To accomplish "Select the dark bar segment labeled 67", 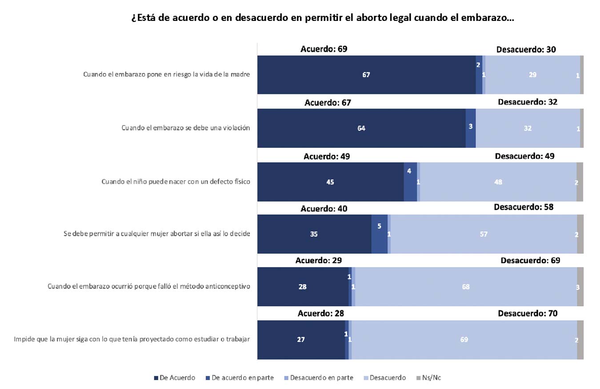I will pyautogui.click(x=366, y=75).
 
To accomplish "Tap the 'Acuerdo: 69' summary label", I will pyautogui.click(x=324, y=49).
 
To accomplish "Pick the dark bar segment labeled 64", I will pyautogui.click(x=361, y=128).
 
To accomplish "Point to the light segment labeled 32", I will pyautogui.click(x=528, y=128).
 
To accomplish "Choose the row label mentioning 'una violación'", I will pyautogui.click(x=186, y=128).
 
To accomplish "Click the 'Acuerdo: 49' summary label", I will pyautogui.click(x=327, y=156).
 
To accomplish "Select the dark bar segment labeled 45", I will pyautogui.click(x=330, y=182).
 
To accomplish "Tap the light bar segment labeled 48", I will pyautogui.click(x=498, y=182).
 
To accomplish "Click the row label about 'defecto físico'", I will pyautogui.click(x=176, y=182).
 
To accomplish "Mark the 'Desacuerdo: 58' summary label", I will pyautogui.click(x=524, y=207).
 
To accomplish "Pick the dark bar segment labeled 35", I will pyautogui.click(x=314, y=234).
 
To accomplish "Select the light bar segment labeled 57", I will pyautogui.click(x=484, y=234).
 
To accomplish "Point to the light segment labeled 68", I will pyautogui.click(x=465, y=287).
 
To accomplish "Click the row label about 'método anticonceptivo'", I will pyautogui.click(x=149, y=286).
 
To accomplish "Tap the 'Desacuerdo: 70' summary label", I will pyautogui.click(x=528, y=313).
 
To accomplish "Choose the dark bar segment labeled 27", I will pyautogui.click(x=301, y=340).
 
